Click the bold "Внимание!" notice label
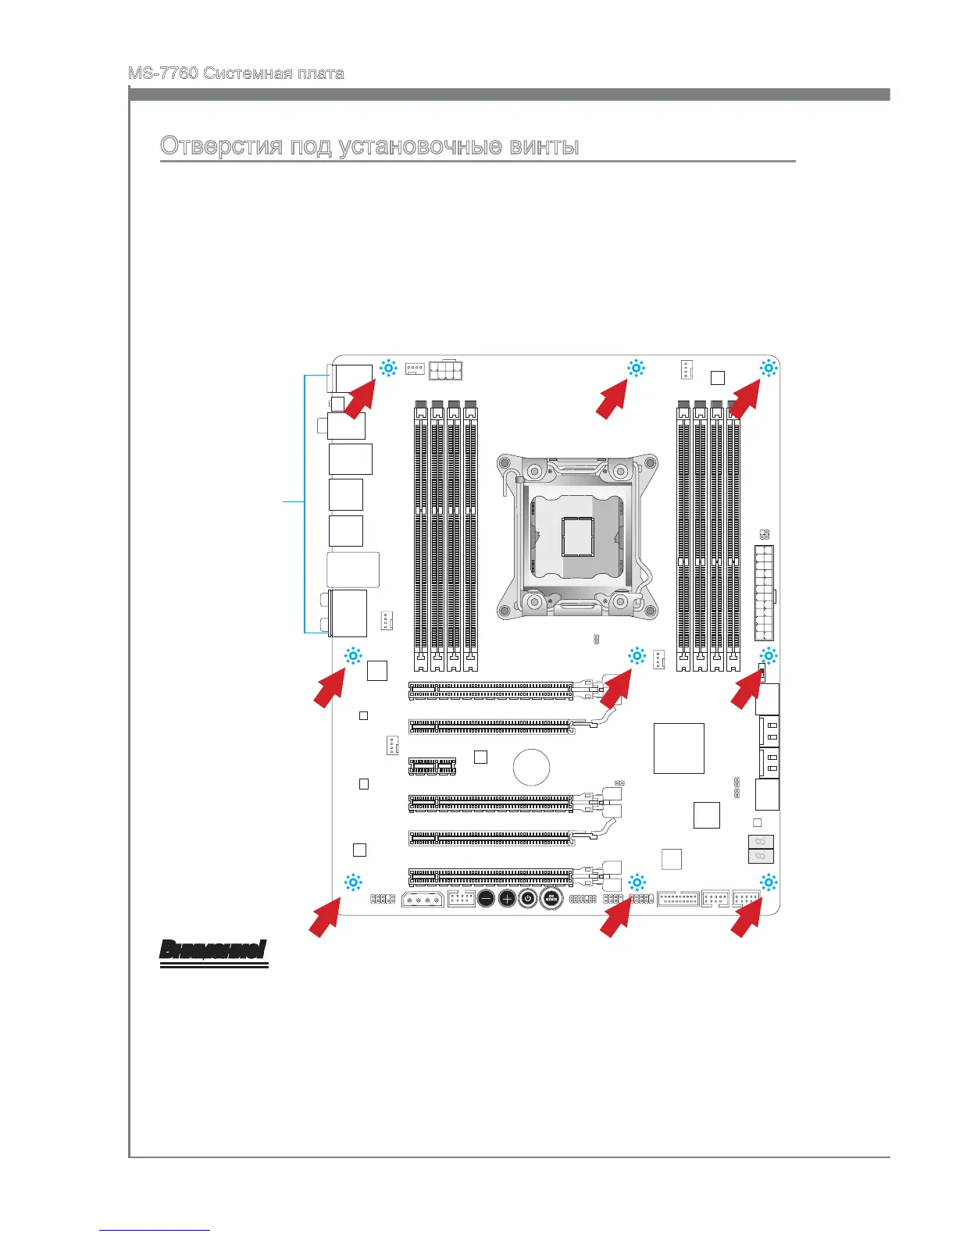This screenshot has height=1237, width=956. (212, 950)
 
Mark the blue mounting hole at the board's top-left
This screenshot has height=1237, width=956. (388, 369)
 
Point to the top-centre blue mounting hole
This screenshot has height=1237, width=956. (636, 369)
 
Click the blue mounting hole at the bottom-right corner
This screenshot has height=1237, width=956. (769, 883)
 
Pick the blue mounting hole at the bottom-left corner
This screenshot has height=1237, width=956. (353, 883)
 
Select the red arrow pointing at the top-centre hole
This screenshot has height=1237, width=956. (613, 401)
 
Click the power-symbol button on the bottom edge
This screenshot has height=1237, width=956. (528, 899)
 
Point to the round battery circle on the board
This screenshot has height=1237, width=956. (531, 767)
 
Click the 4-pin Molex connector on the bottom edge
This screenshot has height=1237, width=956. (423, 900)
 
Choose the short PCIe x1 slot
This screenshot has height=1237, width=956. (432, 765)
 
